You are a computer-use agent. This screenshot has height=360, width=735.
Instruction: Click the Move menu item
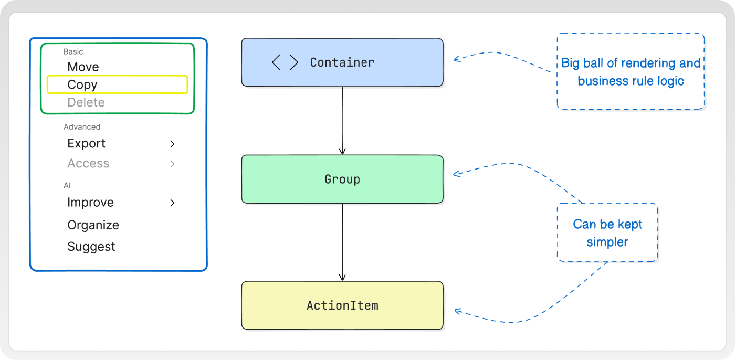coord(83,67)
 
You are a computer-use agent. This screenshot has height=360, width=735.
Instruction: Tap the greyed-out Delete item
coord(86,102)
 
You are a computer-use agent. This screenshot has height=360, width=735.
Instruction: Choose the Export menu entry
coord(86,143)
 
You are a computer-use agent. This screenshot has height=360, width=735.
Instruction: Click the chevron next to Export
coord(172,144)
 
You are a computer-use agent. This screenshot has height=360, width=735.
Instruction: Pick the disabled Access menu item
coord(88,163)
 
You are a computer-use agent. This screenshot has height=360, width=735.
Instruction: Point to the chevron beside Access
coord(172,164)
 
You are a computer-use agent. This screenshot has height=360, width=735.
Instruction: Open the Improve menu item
coord(90,202)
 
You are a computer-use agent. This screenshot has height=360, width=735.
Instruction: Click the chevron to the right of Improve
coord(172,203)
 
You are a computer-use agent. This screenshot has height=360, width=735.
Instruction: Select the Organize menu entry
coord(93,225)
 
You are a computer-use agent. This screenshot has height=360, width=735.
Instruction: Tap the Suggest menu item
coord(91,247)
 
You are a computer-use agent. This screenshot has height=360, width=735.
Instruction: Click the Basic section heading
coord(73,51)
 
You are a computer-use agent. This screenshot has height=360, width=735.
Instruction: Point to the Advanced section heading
coord(82,126)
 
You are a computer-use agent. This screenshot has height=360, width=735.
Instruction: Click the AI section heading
coord(67,185)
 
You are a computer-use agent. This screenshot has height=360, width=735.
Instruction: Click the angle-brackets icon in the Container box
coord(285,62)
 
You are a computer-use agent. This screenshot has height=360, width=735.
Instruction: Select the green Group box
coord(342,179)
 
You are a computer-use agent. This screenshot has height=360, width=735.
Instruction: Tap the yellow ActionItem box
coord(342,305)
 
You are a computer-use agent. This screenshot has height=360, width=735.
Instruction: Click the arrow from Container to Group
coord(342,121)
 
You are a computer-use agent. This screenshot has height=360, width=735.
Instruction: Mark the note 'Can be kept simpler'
coord(607,232)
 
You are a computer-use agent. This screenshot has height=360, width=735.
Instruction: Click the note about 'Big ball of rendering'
coord(631,71)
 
